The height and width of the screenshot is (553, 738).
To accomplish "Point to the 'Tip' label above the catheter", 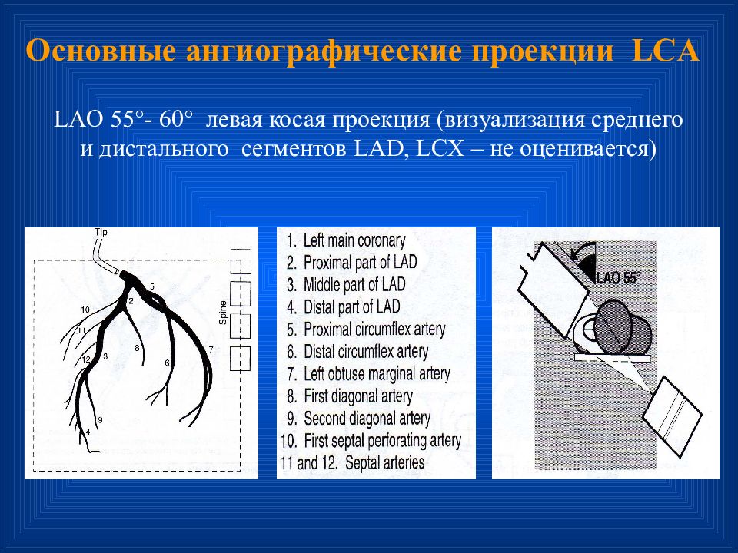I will point(101,231).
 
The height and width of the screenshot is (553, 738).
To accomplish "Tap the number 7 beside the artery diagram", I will point(210,349).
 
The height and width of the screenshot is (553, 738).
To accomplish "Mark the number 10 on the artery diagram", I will point(85,309).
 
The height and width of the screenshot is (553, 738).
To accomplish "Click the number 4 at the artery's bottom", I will point(88,432).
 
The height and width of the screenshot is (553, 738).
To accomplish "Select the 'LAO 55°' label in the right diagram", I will point(617,279).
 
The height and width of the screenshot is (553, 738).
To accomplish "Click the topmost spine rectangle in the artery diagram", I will point(241,263).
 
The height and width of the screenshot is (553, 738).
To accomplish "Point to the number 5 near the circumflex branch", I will point(152,286).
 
